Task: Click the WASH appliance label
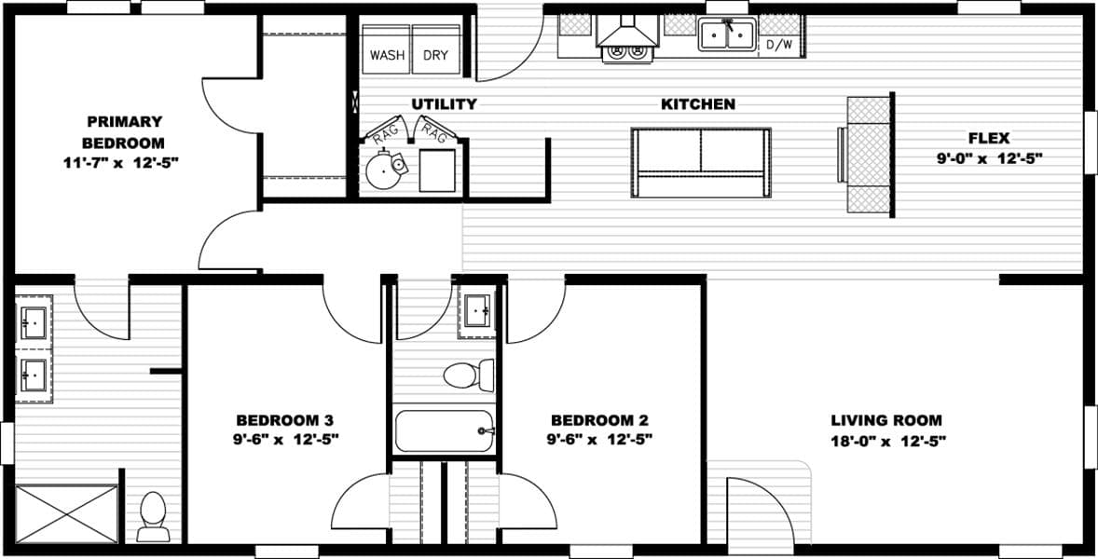[387, 55]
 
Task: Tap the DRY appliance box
[436, 55]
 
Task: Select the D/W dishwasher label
[780, 45]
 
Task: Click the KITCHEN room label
[698, 104]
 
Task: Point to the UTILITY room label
[445, 104]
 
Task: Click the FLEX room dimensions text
[989, 158]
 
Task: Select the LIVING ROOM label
[886, 420]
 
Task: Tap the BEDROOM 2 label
[599, 420]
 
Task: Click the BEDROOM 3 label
[284, 420]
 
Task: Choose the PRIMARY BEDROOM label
[124, 132]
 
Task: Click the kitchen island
[701, 162]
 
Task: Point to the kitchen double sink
[727, 35]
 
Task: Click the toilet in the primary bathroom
[151, 518]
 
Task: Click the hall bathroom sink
[479, 308]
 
